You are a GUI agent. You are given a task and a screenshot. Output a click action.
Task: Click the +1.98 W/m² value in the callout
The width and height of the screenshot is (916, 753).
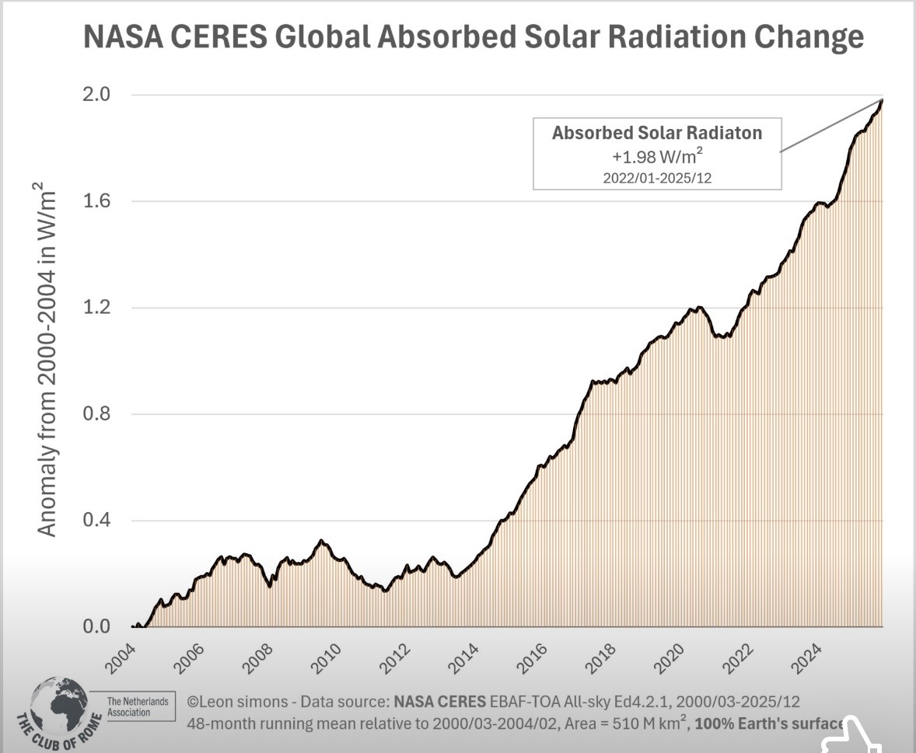click(x=656, y=155)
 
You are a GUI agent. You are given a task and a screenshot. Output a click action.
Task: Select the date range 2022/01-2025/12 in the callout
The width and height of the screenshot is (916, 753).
click(x=657, y=177)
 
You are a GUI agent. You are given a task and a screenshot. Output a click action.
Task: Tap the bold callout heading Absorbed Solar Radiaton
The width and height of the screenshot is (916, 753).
click(x=657, y=133)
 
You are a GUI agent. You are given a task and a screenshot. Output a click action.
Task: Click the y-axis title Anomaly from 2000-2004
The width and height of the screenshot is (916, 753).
click(x=47, y=358)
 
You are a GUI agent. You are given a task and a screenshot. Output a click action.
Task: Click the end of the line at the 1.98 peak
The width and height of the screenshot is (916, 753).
click(x=882, y=99)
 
